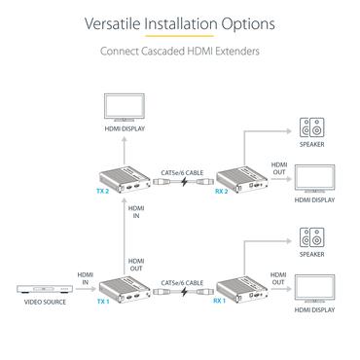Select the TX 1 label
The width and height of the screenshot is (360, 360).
(103, 302)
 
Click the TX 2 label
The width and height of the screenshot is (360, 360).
(103, 193)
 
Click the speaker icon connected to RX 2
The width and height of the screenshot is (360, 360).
(313, 127)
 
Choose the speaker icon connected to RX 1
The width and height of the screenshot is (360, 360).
(313, 236)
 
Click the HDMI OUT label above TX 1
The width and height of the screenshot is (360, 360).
(136, 265)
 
